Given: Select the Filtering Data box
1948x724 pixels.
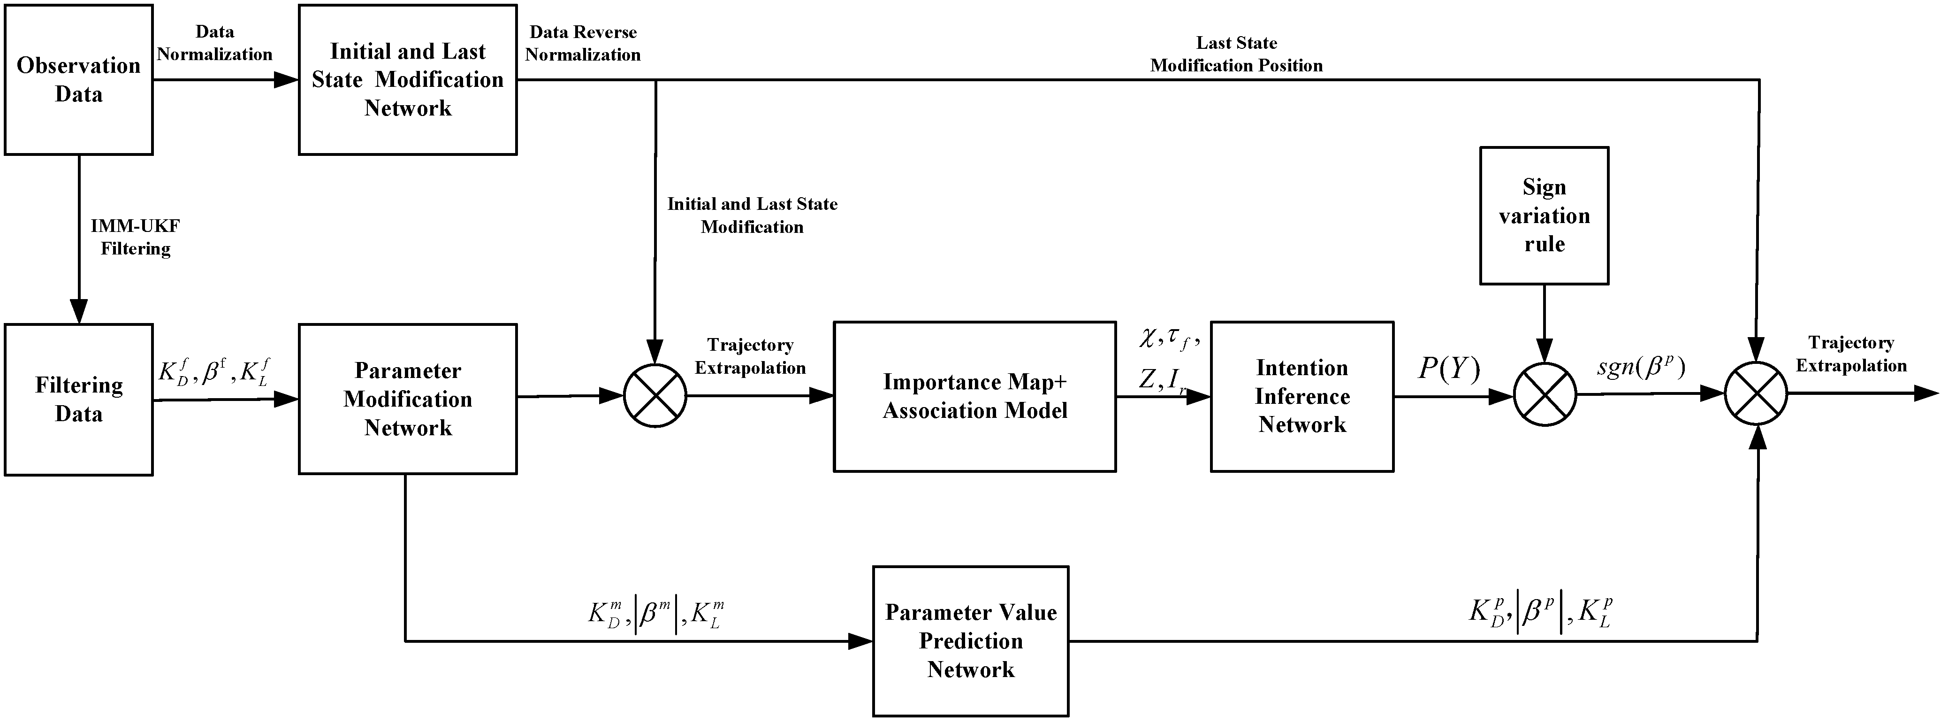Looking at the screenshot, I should click(x=79, y=400).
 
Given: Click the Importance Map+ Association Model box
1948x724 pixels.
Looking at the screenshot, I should click(x=975, y=396).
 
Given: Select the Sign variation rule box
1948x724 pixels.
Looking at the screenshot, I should click(x=1544, y=216).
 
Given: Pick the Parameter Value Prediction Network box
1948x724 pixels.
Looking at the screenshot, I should click(x=971, y=641).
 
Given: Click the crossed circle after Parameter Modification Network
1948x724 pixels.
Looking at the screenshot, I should click(x=655, y=396).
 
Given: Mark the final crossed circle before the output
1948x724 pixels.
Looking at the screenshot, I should click(x=1756, y=393).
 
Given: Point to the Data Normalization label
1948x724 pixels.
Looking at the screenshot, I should click(x=215, y=43).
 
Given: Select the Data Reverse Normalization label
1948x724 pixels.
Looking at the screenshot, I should click(x=583, y=43).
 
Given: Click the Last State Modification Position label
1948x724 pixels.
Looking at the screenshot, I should click(x=1236, y=54).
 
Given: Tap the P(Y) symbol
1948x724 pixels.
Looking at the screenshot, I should click(x=1449, y=369).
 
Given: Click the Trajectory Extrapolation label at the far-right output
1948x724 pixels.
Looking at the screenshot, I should click(x=1851, y=354).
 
